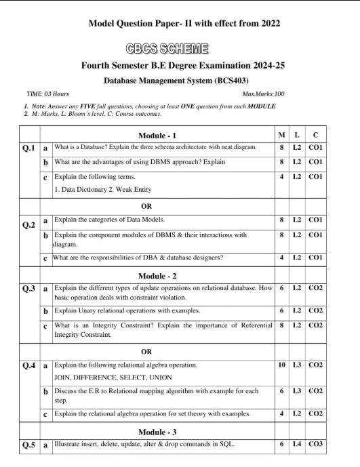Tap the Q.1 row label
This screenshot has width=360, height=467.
[28, 148]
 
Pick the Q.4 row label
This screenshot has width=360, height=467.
[28, 365]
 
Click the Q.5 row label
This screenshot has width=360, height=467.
[28, 445]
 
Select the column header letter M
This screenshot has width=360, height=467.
[281, 136]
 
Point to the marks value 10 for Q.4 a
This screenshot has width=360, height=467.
[281, 365]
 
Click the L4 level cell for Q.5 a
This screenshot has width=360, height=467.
[297, 445]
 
